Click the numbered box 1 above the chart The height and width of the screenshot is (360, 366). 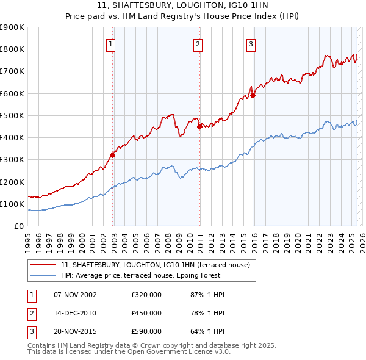click(x=111, y=43)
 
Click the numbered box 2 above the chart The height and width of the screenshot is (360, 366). click(x=198, y=43)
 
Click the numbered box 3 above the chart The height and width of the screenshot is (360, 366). click(x=251, y=43)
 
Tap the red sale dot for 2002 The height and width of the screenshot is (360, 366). click(x=113, y=155)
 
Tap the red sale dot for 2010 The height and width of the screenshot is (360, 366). click(x=199, y=126)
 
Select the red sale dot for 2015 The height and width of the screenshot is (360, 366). click(x=253, y=95)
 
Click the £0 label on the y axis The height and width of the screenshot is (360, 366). click(x=19, y=226)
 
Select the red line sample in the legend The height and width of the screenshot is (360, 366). click(x=43, y=265)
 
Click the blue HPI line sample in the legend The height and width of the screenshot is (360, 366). click(x=43, y=275)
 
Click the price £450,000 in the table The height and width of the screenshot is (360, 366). click(x=146, y=313)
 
